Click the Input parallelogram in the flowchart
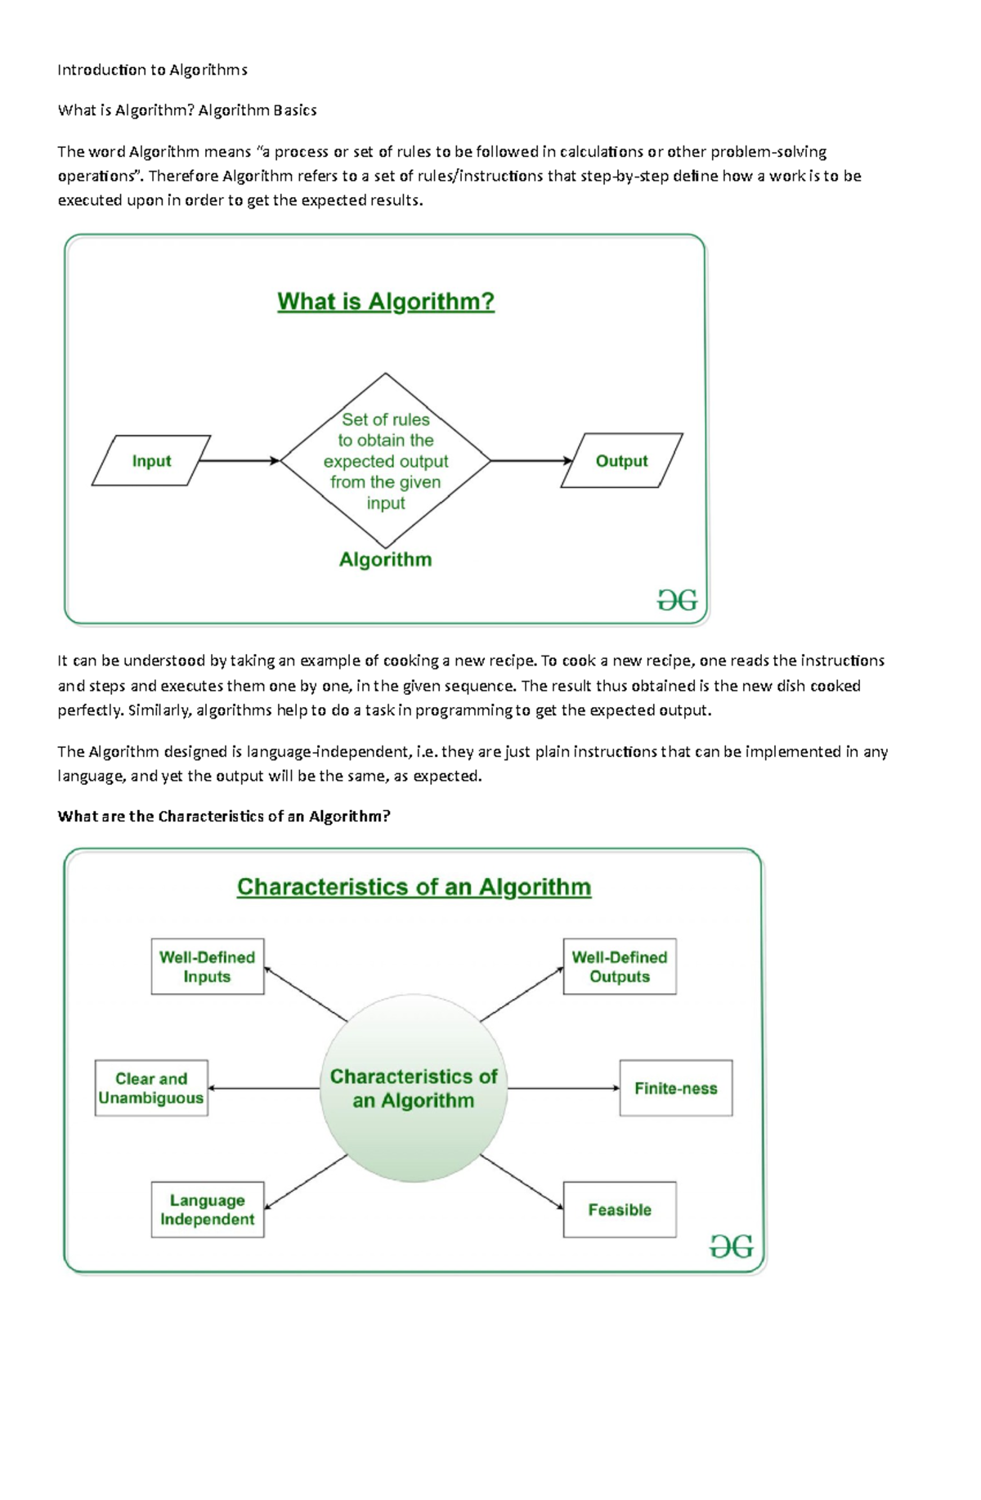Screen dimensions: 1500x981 pyautogui.click(x=151, y=461)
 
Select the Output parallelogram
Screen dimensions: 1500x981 pyautogui.click(x=621, y=461)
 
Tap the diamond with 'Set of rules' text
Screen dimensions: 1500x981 pyautogui.click(x=385, y=460)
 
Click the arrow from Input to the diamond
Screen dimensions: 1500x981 pyautogui.click(x=240, y=461)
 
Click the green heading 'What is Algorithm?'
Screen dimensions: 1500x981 pyautogui.click(x=386, y=302)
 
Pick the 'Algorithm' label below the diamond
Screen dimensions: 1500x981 pyautogui.click(x=385, y=560)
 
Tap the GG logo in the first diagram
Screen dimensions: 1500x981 pyautogui.click(x=677, y=601)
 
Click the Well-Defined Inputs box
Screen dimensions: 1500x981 pyautogui.click(x=208, y=966)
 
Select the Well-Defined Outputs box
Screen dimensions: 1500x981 pyautogui.click(x=620, y=966)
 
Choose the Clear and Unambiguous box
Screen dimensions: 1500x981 pyautogui.click(x=151, y=1088)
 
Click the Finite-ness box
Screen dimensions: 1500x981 pyautogui.click(x=676, y=1088)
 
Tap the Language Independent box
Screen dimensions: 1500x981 pyautogui.click(x=208, y=1209)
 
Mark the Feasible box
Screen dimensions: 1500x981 pyautogui.click(x=620, y=1209)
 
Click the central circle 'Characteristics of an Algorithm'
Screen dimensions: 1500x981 pyautogui.click(x=414, y=1088)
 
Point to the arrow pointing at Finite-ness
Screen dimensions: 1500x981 pyautogui.click(x=564, y=1088)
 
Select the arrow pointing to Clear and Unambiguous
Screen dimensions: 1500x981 pyautogui.click(x=263, y=1088)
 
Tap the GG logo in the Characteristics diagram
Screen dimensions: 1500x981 pyautogui.click(x=731, y=1247)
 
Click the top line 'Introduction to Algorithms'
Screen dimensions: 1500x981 pyautogui.click(x=152, y=69)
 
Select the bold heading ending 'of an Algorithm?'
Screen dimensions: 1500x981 pyautogui.click(x=224, y=817)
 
